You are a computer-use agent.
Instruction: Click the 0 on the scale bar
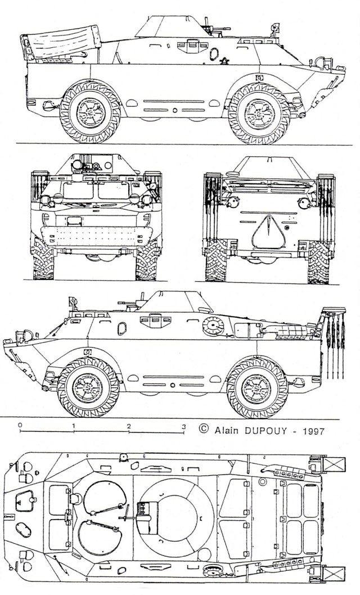click(20, 426)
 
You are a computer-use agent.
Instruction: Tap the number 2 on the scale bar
click(129, 426)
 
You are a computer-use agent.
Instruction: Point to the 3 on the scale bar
click(183, 426)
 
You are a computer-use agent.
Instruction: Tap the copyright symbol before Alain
click(204, 430)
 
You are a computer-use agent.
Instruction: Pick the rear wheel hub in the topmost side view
click(89, 112)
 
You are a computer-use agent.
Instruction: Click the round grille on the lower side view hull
click(213, 324)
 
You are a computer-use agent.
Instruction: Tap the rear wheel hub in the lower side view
click(256, 387)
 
